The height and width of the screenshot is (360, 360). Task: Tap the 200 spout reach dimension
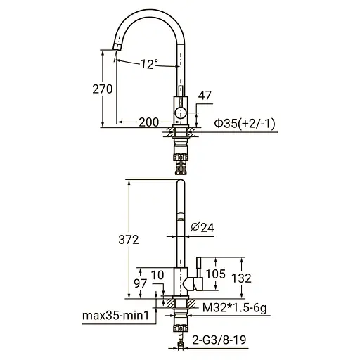[148, 122]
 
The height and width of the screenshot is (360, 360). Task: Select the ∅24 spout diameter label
[202, 227]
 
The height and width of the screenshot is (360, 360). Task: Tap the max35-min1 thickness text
[115, 316]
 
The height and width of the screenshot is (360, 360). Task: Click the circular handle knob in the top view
[181, 112]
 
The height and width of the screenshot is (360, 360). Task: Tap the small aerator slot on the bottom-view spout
[180, 220]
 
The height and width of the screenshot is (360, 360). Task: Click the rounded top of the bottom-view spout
[180, 182]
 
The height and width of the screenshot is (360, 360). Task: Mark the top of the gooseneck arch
[150, 15]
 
